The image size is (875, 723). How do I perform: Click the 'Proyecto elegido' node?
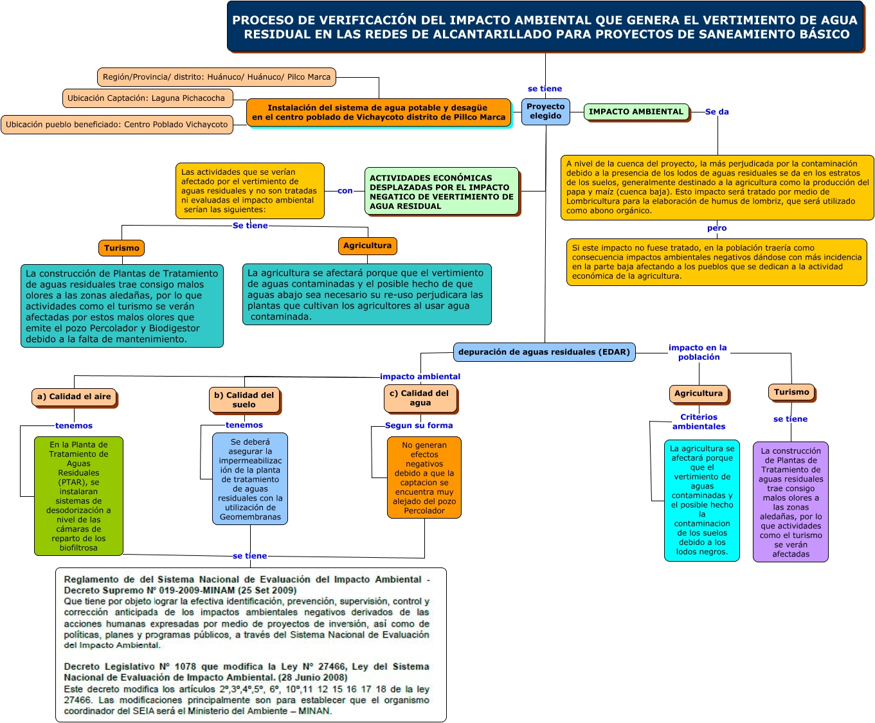click(x=545, y=111)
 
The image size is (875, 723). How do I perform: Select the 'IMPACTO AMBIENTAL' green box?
click(x=636, y=112)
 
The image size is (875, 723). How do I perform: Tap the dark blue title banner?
click(x=545, y=27)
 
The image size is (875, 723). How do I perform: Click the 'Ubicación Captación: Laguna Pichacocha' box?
click(x=147, y=98)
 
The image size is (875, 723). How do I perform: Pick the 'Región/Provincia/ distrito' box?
click(x=217, y=77)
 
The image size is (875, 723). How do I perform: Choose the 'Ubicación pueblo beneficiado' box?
click(x=117, y=125)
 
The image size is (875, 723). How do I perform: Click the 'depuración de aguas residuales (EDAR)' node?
click(x=544, y=352)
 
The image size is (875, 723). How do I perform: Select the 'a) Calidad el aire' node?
click(x=74, y=397)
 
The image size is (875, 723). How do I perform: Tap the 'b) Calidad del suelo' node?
click(x=244, y=400)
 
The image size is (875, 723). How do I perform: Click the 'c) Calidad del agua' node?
click(x=420, y=398)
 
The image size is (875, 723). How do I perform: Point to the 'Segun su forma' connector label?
click(x=419, y=425)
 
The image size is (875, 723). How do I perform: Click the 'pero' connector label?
click(x=717, y=228)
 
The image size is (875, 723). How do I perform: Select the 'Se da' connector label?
click(x=717, y=112)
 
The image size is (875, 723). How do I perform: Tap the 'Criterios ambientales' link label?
click(x=699, y=422)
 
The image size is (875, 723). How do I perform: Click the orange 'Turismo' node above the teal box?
click(x=122, y=248)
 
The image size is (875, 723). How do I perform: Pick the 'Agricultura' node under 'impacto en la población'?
click(x=698, y=393)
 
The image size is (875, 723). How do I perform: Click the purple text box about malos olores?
click(x=791, y=502)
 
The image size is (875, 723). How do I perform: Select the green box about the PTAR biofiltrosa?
click(x=78, y=496)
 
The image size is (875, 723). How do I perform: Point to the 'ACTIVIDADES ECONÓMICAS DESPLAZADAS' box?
click(x=442, y=192)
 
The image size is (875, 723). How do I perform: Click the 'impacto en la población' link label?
click(x=698, y=352)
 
